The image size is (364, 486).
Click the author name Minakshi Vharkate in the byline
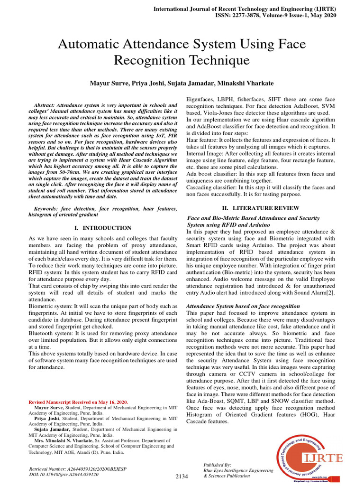pos(251,83)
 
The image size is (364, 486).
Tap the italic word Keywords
pos(49,209)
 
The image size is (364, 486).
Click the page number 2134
pos(182,476)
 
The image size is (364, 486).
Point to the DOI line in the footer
pos(64,474)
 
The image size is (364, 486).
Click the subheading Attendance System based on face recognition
pos(243,306)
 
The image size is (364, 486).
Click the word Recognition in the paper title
pos(151,60)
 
